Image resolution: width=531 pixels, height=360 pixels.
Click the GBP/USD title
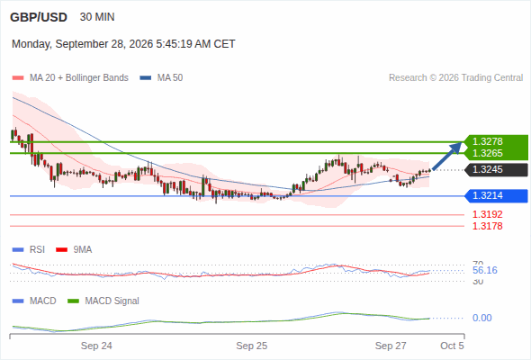click(39, 17)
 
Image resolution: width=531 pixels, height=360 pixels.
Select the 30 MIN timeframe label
click(97, 17)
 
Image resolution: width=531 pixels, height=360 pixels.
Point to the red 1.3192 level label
click(487, 214)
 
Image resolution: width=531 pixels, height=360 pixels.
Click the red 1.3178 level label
click(487, 226)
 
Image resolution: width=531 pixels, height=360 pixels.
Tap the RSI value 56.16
click(485, 270)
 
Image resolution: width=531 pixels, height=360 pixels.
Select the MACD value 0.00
click(481, 318)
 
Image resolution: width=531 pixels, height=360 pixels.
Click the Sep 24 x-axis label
click(96, 346)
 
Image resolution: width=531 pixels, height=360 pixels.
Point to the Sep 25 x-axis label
click(252, 346)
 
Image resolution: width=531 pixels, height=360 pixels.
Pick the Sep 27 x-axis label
click(391, 346)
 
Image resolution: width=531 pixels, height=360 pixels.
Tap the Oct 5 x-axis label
click(452, 346)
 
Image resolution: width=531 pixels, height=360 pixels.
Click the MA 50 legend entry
click(161, 78)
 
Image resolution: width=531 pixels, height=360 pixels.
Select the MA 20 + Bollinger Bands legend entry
click(70, 78)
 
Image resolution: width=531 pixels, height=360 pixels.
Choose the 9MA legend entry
click(74, 250)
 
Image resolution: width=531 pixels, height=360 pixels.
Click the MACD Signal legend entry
click(103, 301)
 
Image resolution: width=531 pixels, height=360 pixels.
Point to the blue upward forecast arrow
click(447, 156)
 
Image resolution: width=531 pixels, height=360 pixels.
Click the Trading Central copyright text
click(455, 78)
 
